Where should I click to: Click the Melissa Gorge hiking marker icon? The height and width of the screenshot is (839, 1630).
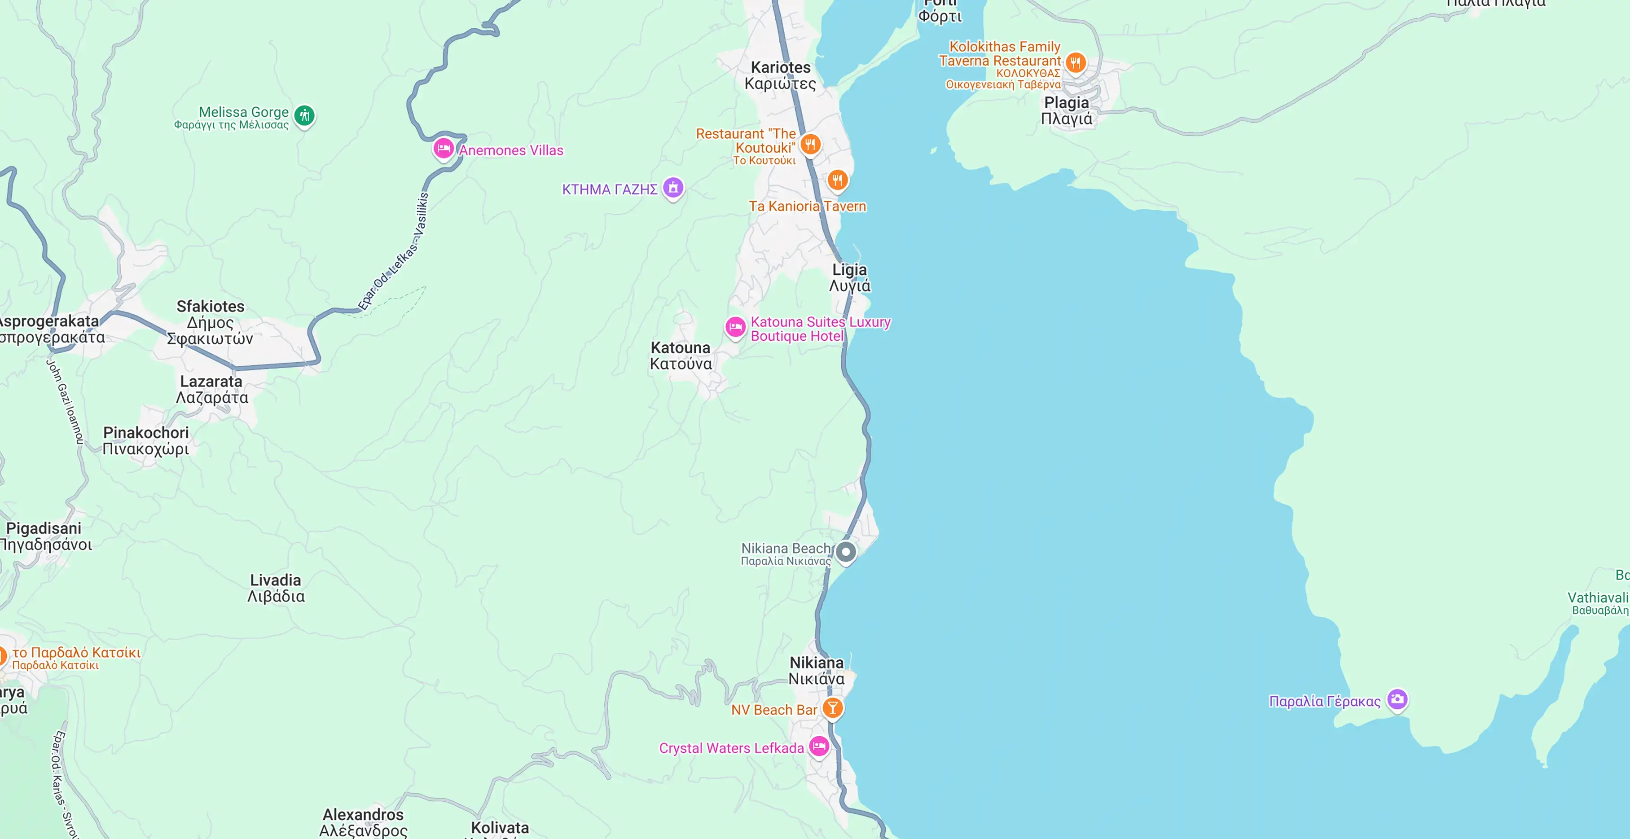coord(304,115)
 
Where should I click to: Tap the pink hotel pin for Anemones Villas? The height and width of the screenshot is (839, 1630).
coord(443,149)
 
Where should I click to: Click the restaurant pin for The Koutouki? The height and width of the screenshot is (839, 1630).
coord(810,144)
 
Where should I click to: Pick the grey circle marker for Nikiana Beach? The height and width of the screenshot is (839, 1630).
coord(845,552)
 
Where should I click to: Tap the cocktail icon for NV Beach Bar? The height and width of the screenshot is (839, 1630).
coord(832,707)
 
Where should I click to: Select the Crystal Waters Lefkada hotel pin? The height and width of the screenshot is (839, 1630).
coord(819,746)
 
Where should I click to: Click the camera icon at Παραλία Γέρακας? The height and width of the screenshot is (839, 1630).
coord(1397,699)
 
